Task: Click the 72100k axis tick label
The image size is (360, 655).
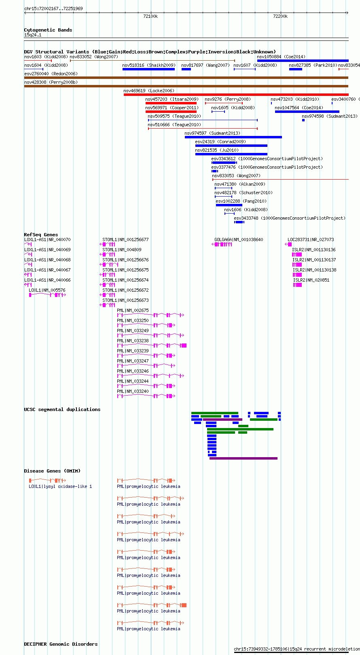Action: pyautogui.click(x=150, y=16)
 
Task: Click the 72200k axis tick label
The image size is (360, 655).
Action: pyautogui.click(x=280, y=16)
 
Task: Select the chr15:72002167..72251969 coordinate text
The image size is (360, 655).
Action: pyautogui.click(x=53, y=8)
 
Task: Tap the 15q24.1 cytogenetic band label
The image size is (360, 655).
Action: pyautogui.click(x=33, y=35)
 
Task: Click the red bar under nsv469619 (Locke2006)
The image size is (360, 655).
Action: pyautogui.click(x=236, y=95)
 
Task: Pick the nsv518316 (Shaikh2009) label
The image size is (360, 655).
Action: pyautogui.click(x=149, y=65)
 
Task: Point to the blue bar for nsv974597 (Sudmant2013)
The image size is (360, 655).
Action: pyautogui.click(x=233, y=137)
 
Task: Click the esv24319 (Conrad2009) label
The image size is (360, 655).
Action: pyautogui.click(x=220, y=142)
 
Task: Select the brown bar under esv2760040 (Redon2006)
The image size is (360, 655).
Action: pyautogui.click(x=186, y=78)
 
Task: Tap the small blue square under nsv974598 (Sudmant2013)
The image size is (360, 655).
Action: pyautogui.click(x=303, y=120)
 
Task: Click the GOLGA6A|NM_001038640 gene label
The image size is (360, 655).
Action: pyautogui.click(x=239, y=240)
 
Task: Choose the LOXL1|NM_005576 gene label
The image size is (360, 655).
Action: pyautogui.click(x=47, y=290)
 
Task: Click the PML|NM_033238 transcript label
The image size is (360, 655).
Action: pyautogui.click(x=133, y=341)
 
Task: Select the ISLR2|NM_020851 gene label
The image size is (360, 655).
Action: pyautogui.click(x=311, y=280)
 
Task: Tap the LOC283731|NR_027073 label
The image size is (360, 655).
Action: pyautogui.click(x=311, y=240)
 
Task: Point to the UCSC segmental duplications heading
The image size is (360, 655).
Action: pyautogui.click(x=62, y=409)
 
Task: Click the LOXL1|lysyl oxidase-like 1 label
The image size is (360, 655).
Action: pyautogui.click(x=60, y=486)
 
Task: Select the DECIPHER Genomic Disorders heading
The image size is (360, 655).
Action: pyautogui.click(x=61, y=644)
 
